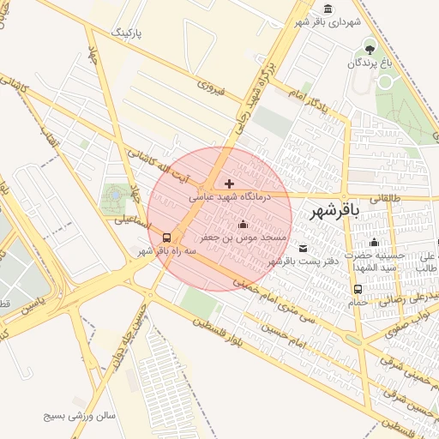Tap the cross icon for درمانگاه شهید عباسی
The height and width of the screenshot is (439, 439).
[x=228, y=183]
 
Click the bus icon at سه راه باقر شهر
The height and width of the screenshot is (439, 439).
[x=165, y=238]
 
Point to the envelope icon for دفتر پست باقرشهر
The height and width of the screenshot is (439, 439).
[x=302, y=249]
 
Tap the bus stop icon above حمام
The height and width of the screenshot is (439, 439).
[x=357, y=290]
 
